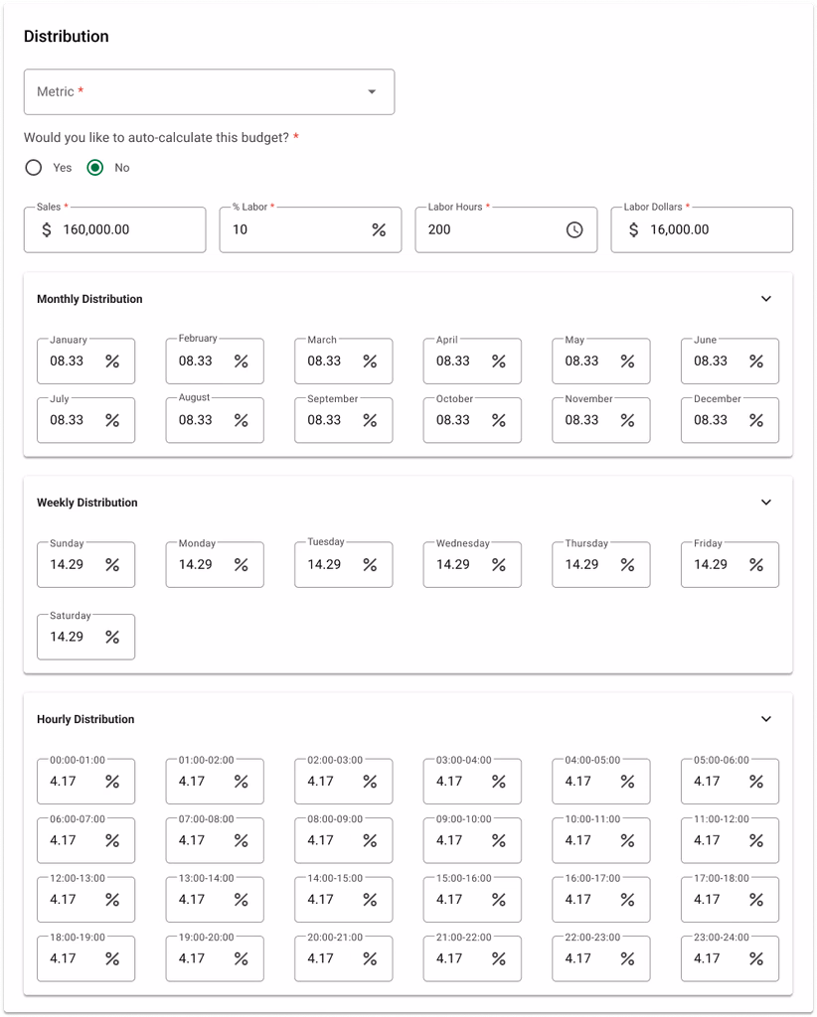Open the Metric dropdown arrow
(372, 92)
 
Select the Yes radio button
(34, 168)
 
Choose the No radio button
(95, 168)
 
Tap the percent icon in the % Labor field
(379, 229)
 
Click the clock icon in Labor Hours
(574, 229)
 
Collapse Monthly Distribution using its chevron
(765, 299)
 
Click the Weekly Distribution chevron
(765, 503)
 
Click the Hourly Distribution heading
(85, 719)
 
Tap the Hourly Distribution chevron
(765, 719)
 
